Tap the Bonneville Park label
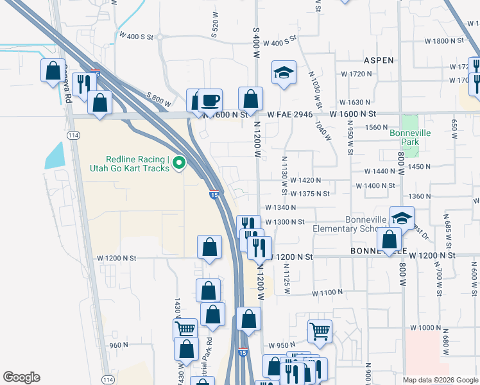click(x=404, y=137)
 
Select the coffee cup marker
click(x=210, y=101)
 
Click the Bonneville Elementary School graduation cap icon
click(x=402, y=218)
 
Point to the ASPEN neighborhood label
click(x=379, y=60)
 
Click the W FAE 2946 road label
click(x=290, y=114)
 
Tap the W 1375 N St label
click(x=309, y=194)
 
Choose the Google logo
click(x=21, y=377)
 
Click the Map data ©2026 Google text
click(x=440, y=380)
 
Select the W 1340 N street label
click(x=281, y=208)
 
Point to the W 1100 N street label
click(x=328, y=293)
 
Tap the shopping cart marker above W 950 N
click(x=320, y=332)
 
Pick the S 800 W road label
click(x=159, y=101)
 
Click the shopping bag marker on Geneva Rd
click(x=53, y=71)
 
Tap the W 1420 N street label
click(x=305, y=181)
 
